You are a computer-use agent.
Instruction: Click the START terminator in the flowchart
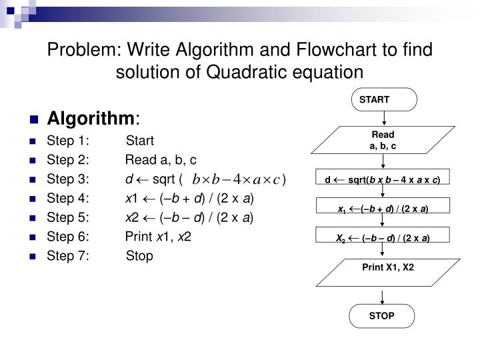(384, 100)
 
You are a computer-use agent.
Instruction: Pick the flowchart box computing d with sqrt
(382, 179)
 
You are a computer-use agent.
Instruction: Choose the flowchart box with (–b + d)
(382, 209)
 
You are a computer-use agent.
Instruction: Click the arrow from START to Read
(384, 119)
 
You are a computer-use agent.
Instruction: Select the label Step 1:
(67, 141)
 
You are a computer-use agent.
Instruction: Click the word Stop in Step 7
(139, 256)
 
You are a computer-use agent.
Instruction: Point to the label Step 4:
(67, 199)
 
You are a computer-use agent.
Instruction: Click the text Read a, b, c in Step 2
(161, 160)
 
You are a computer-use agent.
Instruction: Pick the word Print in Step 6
(138, 237)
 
